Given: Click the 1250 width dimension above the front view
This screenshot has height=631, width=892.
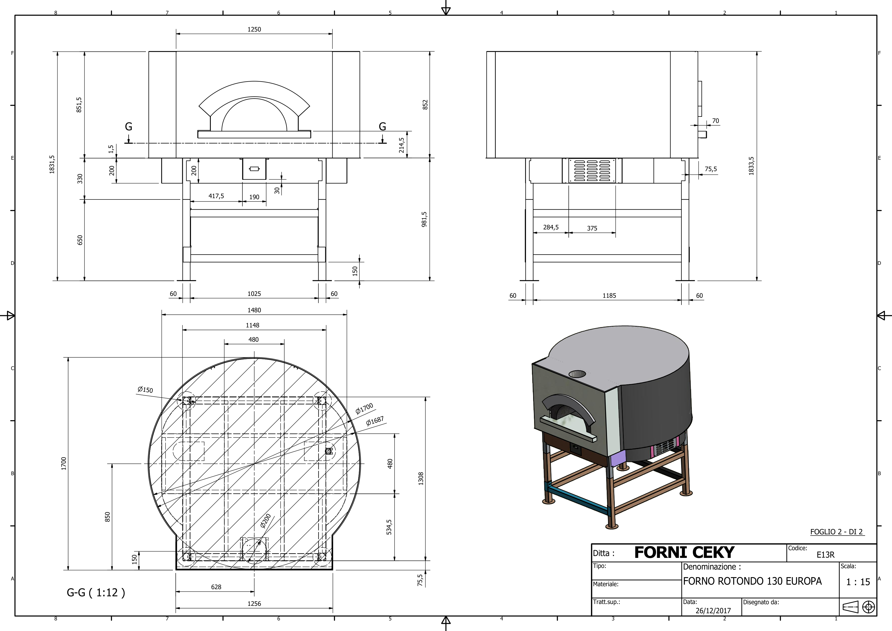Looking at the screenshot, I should click(x=254, y=29).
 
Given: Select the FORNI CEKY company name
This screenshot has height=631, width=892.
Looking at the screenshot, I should click(x=684, y=552).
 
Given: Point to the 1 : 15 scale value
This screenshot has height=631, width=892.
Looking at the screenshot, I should click(x=858, y=582).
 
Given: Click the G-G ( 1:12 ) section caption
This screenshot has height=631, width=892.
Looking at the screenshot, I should click(x=96, y=593).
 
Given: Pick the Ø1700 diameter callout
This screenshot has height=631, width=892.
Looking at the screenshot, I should click(x=364, y=408).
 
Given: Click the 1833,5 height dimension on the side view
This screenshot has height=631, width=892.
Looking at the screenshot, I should click(x=751, y=166).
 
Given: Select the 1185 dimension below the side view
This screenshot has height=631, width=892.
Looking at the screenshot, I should click(x=609, y=296).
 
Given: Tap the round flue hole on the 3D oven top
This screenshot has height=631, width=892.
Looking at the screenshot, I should click(x=577, y=374).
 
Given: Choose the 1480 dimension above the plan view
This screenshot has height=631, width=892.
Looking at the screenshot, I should click(x=254, y=310).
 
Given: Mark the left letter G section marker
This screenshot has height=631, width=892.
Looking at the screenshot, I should click(x=129, y=127).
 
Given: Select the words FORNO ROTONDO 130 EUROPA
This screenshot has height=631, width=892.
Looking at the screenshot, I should click(x=752, y=581).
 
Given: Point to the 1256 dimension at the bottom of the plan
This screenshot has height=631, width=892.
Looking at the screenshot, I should click(x=254, y=603).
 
